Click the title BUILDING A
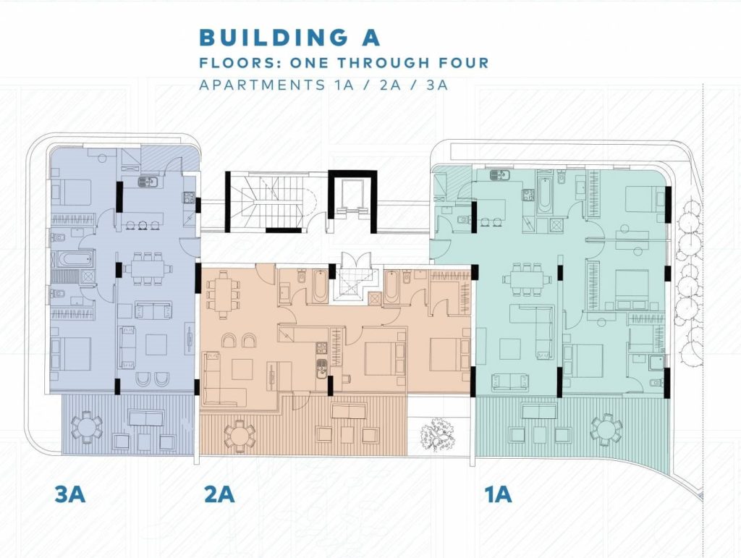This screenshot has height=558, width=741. coord(289,38)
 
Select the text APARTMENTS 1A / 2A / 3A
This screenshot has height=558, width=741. coord(323,85)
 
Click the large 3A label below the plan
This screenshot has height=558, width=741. coord(70,494)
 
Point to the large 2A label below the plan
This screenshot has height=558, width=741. coord(219,494)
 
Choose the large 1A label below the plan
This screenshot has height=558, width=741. coord(498,494)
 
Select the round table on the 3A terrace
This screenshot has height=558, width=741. coord(86,427)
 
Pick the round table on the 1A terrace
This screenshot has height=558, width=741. coord(606,430)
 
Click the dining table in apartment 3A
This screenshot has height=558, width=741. coord(148,269)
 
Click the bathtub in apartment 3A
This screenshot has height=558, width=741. coord(75,259)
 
